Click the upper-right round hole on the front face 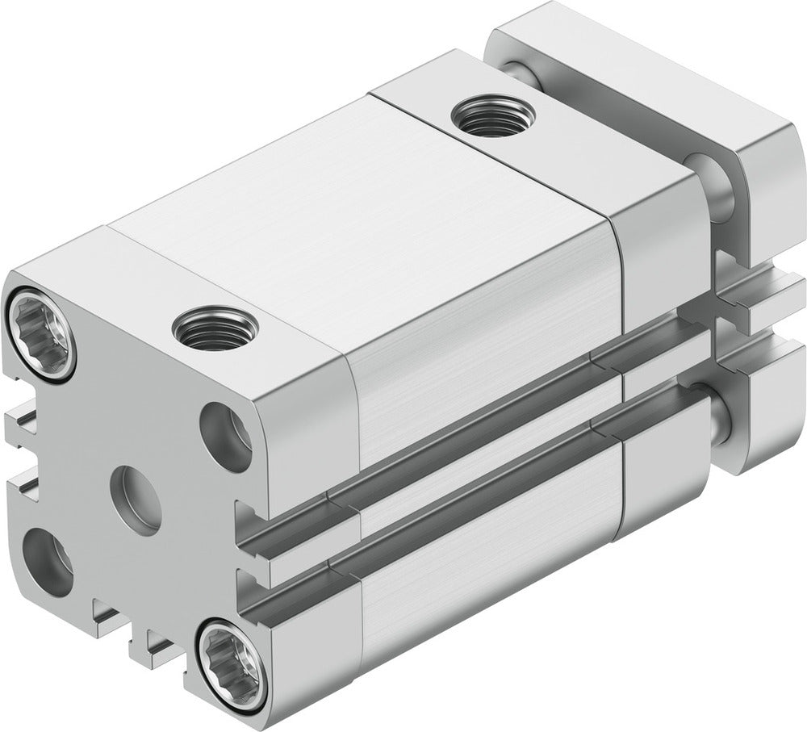(225, 437)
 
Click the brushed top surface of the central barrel (363, 210)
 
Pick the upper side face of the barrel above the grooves (484, 347)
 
